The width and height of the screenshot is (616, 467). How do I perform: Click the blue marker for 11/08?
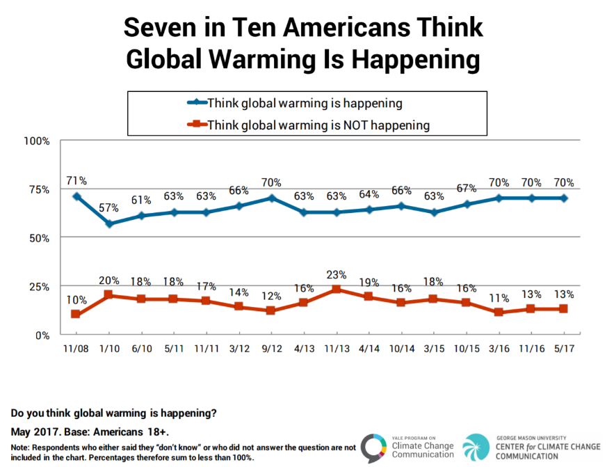pos(76,197)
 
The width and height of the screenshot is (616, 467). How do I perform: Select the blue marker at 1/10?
pos(108,224)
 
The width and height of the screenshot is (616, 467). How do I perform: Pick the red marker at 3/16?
pos(500,312)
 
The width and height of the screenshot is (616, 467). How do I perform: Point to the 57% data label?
pos(108,208)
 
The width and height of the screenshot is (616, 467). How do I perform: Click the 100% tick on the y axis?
pos(36,141)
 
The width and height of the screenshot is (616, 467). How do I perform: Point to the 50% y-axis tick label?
pos(39,238)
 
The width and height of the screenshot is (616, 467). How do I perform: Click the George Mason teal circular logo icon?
pos(476,447)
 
